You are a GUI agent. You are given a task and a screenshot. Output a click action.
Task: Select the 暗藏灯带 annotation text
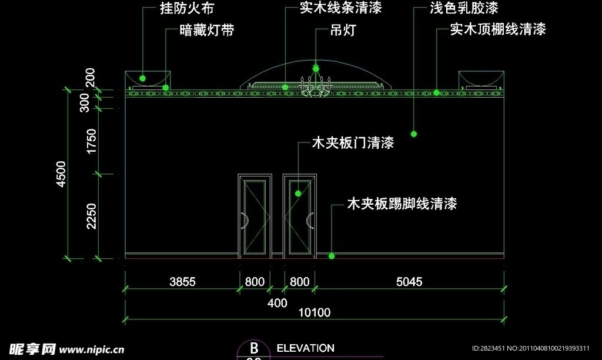coord(206,31)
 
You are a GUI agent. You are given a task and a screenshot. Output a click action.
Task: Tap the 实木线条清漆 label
coord(340,8)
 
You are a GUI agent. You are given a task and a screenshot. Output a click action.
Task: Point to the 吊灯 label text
coord(343,30)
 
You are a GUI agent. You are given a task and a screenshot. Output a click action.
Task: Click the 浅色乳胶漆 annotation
coord(464,8)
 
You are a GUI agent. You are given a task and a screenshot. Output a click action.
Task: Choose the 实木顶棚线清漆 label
coord(497,29)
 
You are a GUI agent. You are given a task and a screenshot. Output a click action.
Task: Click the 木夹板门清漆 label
coord(352,142)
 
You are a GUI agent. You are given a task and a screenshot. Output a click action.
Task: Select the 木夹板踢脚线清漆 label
coord(402,204)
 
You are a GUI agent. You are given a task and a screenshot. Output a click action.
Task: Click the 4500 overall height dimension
coord(60,174)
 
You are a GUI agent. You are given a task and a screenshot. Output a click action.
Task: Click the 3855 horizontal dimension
coord(182,282)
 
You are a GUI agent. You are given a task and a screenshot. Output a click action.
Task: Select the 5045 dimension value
coord(409,282)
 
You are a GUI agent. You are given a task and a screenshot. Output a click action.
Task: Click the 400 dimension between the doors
coord(277,303)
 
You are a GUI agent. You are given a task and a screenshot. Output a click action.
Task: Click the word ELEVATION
coord(305,348)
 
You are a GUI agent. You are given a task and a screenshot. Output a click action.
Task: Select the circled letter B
coord(254,349)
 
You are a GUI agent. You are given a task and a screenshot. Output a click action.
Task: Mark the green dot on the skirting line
coord(332,256)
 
